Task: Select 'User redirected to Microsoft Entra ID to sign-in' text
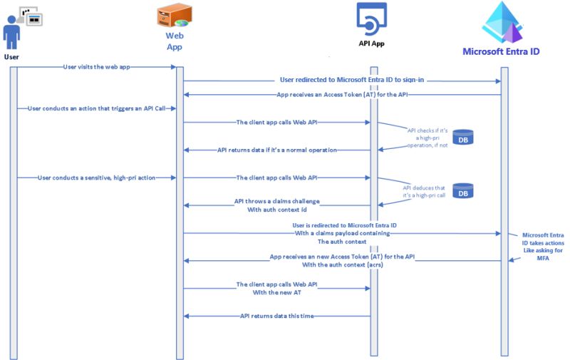(x=348, y=81)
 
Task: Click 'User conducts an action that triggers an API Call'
(x=95, y=108)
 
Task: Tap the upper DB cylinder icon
(x=463, y=137)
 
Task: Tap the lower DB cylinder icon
(x=463, y=191)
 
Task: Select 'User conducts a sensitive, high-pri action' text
(x=95, y=178)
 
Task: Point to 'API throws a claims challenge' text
(x=277, y=201)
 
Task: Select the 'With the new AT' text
(x=277, y=292)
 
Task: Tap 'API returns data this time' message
(x=276, y=316)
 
